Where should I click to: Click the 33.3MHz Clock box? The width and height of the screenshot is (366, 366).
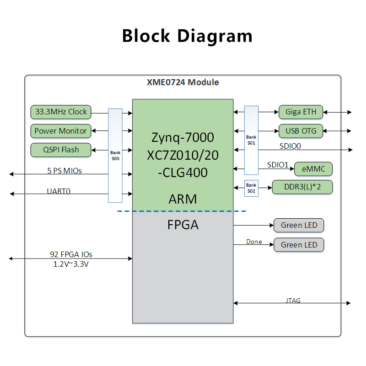point(61,112)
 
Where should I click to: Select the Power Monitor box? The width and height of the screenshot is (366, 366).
point(61,131)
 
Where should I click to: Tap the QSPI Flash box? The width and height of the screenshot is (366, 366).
point(61,150)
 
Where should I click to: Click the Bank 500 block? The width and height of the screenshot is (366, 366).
point(115,156)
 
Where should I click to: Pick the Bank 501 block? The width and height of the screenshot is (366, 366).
point(251,140)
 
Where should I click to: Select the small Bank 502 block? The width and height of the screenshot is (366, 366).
point(251,188)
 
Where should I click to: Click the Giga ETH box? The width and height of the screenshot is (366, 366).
point(301,112)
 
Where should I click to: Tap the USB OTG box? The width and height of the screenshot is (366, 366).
point(301,131)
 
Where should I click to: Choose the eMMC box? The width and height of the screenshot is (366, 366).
point(313,169)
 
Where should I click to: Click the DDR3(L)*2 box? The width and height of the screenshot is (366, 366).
point(302,187)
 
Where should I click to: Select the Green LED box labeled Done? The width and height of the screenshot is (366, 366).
point(299,245)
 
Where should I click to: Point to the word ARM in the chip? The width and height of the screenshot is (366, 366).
point(183,199)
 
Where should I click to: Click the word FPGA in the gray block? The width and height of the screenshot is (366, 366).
point(183,225)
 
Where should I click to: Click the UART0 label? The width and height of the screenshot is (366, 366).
point(59,191)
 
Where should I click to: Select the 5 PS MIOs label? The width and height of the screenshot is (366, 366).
point(65,171)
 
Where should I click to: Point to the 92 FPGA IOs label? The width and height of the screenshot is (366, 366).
point(71,254)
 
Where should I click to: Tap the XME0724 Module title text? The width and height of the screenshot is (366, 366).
point(183,82)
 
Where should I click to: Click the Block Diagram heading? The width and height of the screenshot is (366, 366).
point(187,36)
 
